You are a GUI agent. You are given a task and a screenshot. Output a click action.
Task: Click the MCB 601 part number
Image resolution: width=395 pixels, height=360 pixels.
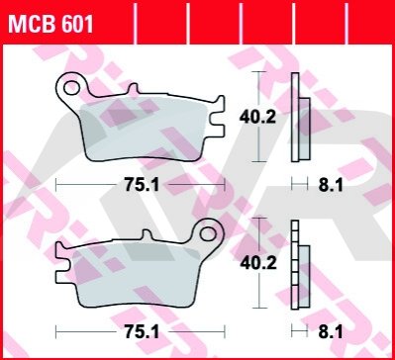(x=50, y=24)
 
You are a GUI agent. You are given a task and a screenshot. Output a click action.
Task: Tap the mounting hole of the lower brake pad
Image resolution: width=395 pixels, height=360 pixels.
(x=209, y=234)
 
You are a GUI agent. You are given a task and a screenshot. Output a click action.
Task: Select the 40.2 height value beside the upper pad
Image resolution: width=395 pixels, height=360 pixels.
(x=257, y=117)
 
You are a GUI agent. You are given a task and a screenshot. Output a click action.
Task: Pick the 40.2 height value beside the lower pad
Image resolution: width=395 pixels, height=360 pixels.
(x=258, y=263)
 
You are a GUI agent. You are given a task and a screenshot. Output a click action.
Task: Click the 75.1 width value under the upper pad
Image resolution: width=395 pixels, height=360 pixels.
(x=142, y=186)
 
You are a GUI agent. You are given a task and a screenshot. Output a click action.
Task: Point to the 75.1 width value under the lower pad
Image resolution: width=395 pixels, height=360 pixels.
(x=142, y=332)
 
